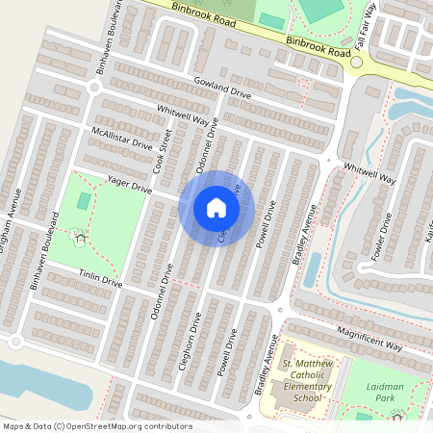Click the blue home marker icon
coord(216,208)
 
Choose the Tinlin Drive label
coord(101,277)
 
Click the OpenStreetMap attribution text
coord(96,425)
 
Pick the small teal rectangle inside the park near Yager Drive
coord(85,201)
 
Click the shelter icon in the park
coord(78,232)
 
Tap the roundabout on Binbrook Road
coord(356,63)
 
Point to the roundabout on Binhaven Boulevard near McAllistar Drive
coord(93,87)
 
